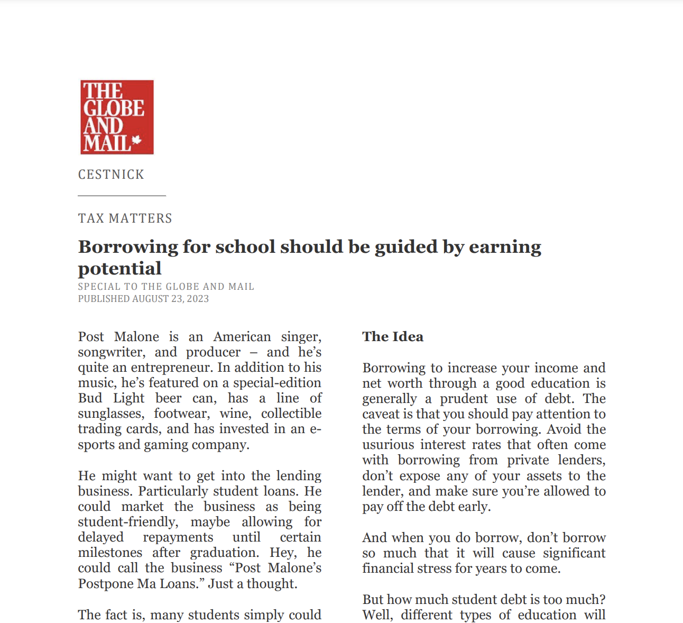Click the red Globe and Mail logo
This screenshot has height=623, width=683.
pyautogui.click(x=117, y=117)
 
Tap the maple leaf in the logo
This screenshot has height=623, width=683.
pyautogui.click(x=137, y=140)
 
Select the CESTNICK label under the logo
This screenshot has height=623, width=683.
pyautogui.click(x=111, y=175)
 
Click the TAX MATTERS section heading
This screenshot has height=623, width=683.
pyautogui.click(x=125, y=218)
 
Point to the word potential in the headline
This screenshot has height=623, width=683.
pyautogui.click(x=119, y=269)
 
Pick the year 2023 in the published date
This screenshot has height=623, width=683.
pyautogui.click(x=198, y=299)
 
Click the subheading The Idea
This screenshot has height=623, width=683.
pyautogui.click(x=393, y=337)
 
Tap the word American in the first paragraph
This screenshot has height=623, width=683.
pyautogui.click(x=242, y=337)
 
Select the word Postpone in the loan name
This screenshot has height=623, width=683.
pyautogui.click(x=106, y=583)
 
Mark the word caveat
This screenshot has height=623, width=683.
pyautogui.click(x=381, y=414)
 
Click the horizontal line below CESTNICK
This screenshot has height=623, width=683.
pyautogui.click(x=122, y=196)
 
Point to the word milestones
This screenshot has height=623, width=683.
pyautogui.click(x=110, y=553)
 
